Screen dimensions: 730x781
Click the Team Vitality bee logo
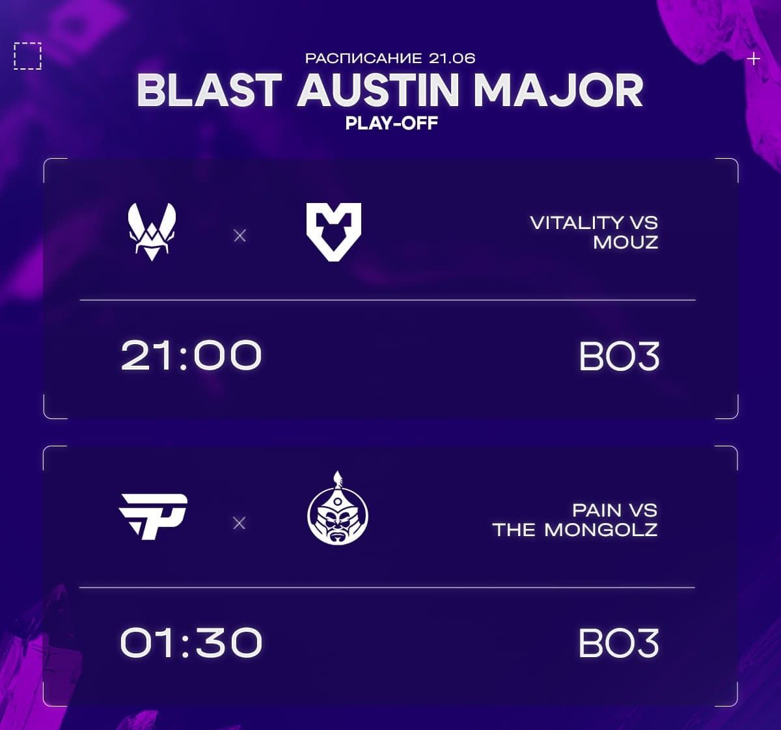152,232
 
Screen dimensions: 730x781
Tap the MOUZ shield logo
333,232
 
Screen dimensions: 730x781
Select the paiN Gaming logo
154,516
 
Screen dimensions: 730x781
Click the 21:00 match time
191,355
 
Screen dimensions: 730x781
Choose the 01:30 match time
191,643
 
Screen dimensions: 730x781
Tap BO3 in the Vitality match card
619,357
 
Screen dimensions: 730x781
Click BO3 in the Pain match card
618,643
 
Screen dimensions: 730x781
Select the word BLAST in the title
209,90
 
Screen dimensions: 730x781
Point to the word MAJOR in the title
558,90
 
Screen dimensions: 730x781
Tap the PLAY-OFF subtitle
391,123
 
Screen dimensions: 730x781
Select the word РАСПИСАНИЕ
364,58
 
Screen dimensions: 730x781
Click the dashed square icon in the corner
27,56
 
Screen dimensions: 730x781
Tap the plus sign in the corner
753,59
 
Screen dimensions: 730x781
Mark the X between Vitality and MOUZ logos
240,236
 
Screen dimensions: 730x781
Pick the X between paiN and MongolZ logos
239,523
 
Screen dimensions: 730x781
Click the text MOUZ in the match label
625,243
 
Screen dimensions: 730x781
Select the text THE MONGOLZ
575,530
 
